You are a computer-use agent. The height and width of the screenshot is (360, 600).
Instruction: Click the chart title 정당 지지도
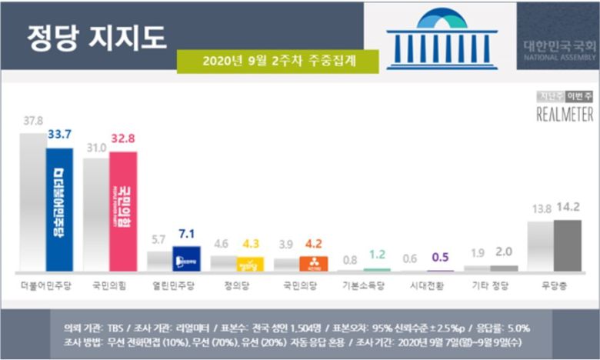[x=96, y=36]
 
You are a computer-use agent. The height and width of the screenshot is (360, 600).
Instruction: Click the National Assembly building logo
[x=442, y=38]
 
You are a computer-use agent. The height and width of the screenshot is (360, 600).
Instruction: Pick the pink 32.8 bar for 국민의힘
[x=123, y=211]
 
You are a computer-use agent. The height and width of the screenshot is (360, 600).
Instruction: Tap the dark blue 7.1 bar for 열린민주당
[x=187, y=258]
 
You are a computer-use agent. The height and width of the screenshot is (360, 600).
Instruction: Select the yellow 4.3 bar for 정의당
[x=250, y=264]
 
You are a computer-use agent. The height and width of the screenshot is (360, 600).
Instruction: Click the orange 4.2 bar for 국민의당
[x=314, y=264]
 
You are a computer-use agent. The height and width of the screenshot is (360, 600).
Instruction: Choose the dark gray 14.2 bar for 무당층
[x=568, y=245]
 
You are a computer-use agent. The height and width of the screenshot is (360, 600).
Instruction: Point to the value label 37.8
[x=32, y=122]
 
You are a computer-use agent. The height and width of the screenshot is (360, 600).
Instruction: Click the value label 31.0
[x=96, y=146]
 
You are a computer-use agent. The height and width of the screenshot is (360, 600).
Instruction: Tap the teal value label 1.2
[x=376, y=255]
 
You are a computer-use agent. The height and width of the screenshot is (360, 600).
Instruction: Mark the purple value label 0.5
[x=440, y=258]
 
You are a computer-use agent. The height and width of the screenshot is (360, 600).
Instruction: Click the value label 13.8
[x=540, y=208]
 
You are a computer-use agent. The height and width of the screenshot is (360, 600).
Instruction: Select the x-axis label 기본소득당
[x=363, y=285]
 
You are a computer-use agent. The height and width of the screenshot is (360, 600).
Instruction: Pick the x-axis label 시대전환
[x=427, y=285]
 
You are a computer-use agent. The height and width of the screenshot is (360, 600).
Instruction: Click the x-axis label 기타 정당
[x=490, y=285]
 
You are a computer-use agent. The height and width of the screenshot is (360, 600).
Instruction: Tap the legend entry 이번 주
[x=579, y=96]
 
